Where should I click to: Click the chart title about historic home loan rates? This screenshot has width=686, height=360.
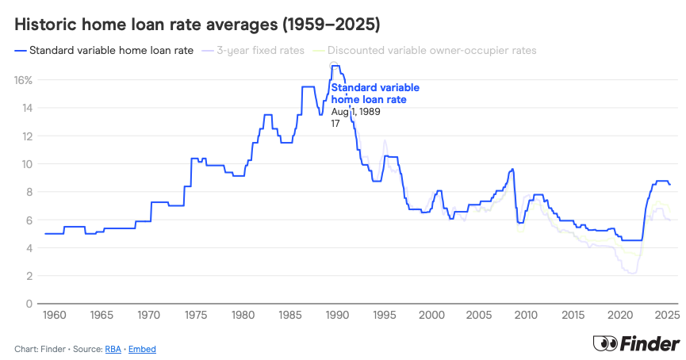[197, 25]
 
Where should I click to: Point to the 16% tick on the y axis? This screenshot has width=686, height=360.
[22, 80]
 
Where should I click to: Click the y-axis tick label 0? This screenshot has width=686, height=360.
[28, 304]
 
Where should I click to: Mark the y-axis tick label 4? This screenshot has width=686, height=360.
[28, 248]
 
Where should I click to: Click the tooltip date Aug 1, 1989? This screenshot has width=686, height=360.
[356, 112]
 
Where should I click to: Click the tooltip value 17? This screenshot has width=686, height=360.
[335, 124]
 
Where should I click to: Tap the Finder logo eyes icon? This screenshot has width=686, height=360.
[605, 344]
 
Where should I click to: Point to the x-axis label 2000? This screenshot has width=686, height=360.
[431, 316]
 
